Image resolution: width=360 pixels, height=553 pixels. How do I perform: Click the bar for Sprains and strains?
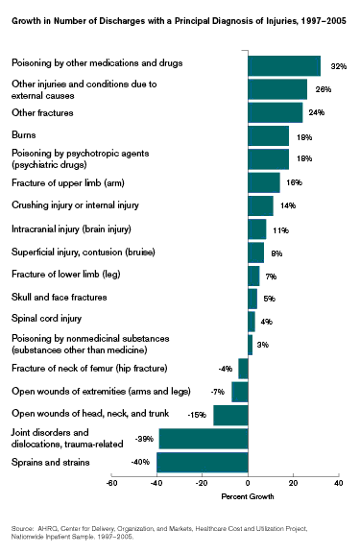203,462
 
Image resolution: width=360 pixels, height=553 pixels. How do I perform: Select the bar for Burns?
268,135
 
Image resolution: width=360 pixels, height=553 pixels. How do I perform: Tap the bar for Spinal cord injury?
252,321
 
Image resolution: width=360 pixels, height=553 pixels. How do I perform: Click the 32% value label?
337,66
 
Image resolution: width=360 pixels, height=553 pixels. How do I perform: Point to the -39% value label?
145,439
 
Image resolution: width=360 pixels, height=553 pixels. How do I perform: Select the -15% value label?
198,415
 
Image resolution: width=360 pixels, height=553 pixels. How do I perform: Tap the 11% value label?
281,230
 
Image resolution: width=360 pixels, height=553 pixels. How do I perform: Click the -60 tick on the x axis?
111,483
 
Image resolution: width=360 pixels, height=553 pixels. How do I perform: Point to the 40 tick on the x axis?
338,483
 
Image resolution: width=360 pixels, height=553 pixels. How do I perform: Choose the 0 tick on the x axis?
248,483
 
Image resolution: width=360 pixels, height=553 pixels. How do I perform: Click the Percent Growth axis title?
248,496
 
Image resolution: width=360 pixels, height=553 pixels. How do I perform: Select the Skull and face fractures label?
51,298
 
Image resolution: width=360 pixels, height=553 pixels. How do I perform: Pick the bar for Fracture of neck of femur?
243,368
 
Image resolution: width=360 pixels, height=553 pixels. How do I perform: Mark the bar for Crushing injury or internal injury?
260,205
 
